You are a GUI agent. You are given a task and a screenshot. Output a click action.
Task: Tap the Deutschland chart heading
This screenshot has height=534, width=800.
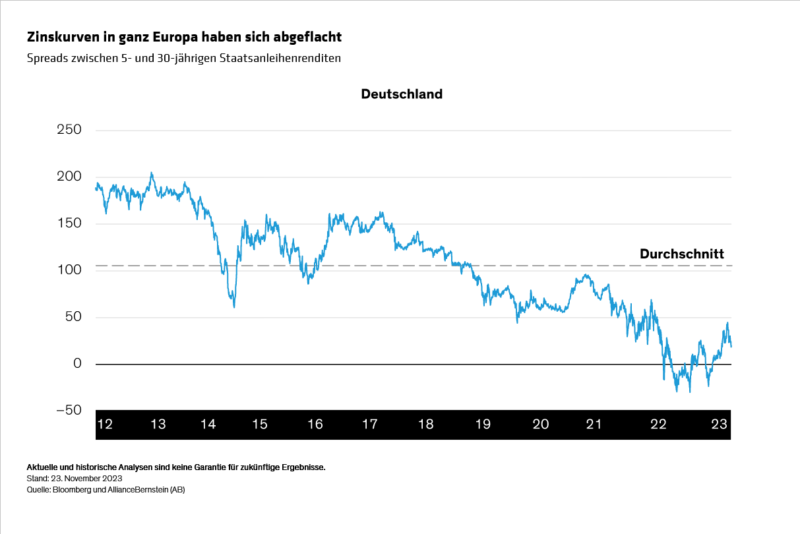pos(401,94)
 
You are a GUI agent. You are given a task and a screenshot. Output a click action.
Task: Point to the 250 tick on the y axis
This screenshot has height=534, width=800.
pos(69,130)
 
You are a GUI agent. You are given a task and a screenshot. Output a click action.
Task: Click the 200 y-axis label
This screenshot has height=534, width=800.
pos(69,177)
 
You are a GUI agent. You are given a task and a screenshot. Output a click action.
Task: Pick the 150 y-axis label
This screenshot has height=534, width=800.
pos(69,223)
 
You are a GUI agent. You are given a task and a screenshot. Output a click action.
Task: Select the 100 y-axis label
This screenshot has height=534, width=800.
pos(69,270)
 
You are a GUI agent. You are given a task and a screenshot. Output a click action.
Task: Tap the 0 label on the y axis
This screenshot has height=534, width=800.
pos(77,364)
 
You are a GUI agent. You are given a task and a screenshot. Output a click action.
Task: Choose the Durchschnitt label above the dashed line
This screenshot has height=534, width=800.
pos(681,254)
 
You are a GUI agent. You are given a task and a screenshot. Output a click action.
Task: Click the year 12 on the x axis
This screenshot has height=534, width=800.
pos(104,424)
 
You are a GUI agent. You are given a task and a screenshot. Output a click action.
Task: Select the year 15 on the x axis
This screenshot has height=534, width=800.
pos(260,424)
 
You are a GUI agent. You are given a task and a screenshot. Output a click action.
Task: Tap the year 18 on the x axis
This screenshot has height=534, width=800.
pos(426,424)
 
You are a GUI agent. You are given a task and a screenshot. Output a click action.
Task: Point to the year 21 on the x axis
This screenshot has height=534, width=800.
pos(594,424)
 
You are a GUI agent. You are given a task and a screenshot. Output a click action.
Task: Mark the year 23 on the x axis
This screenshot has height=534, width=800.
pos(719,424)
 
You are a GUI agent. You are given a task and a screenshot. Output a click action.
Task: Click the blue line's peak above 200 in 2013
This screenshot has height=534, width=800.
pos(151,173)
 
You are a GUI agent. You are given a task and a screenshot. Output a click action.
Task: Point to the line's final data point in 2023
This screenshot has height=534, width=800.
pos(731,347)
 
